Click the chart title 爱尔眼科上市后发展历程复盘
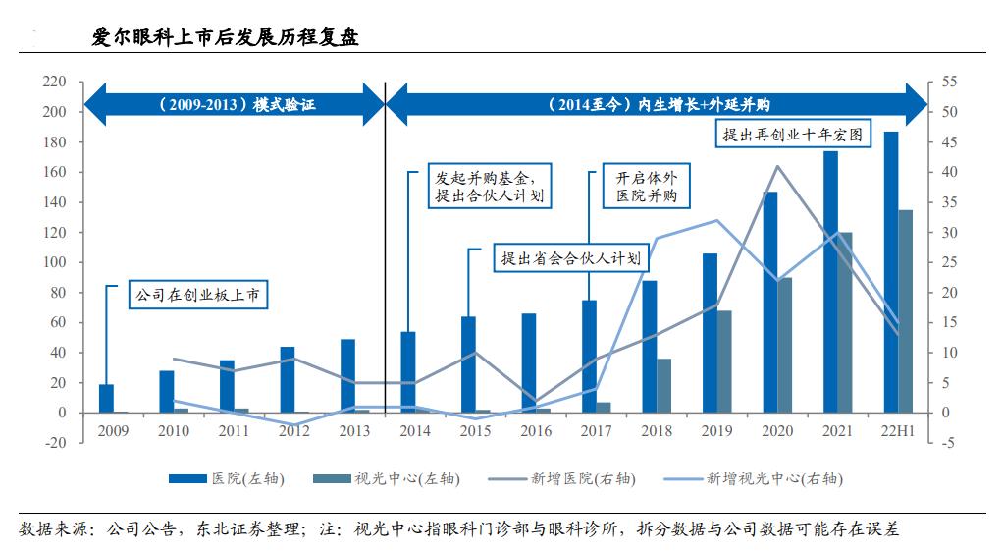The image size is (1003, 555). (225, 38)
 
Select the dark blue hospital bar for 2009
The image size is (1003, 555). (106, 398)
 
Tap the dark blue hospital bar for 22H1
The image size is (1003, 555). (890, 271)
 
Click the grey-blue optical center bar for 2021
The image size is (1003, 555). (845, 322)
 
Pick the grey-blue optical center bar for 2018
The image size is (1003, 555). (664, 385)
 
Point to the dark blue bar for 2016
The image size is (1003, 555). (528, 362)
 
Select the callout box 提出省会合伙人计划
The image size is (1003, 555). (570, 258)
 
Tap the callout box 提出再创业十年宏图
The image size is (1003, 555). (792, 136)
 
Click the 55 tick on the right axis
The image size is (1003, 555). (948, 82)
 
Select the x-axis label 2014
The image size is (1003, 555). (414, 431)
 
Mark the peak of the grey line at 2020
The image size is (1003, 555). (777, 166)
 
